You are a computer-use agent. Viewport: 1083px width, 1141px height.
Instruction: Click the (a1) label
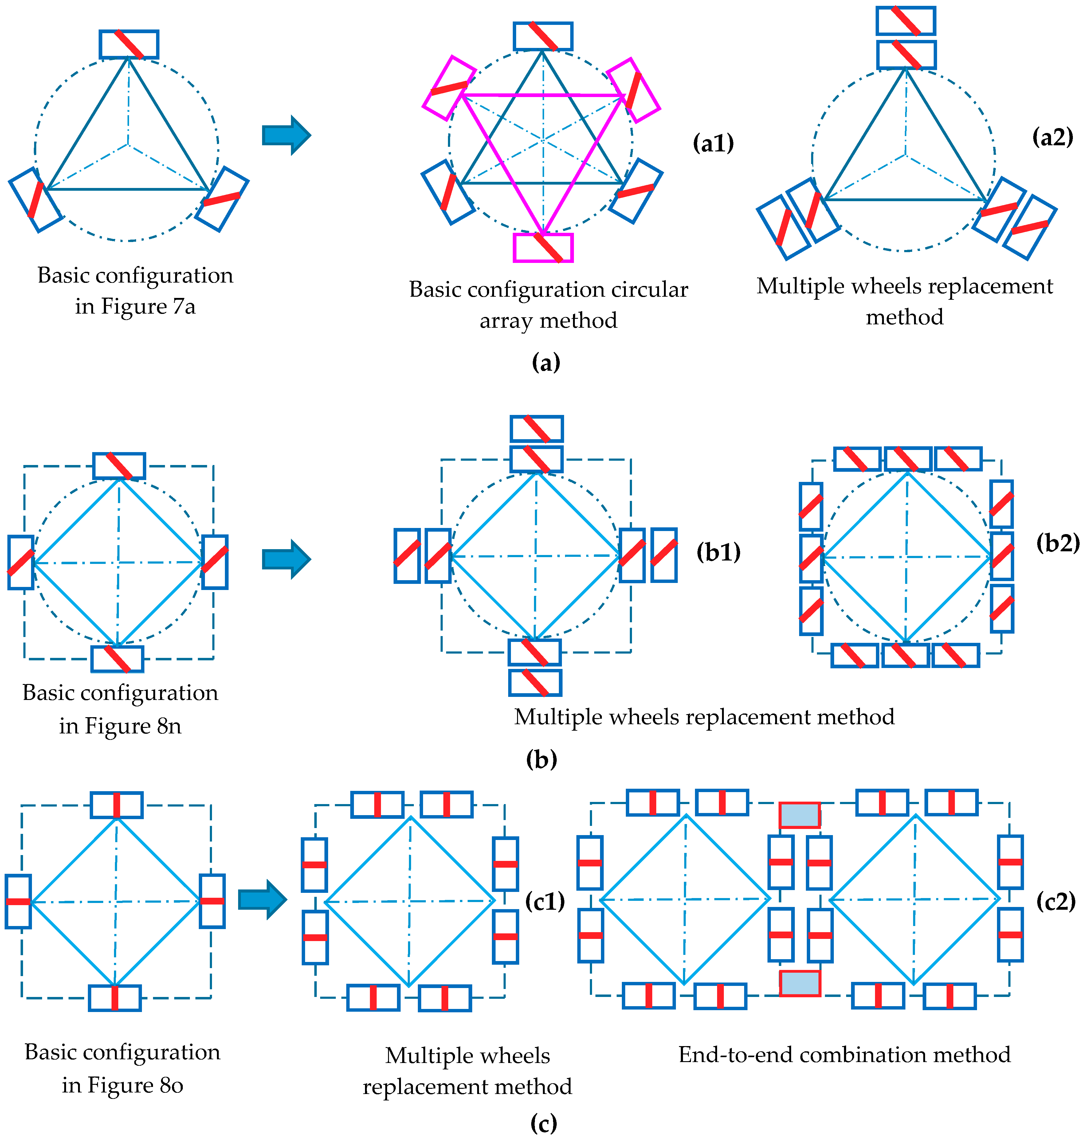[713, 143]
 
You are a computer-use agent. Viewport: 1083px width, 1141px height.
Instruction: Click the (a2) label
[1052, 137]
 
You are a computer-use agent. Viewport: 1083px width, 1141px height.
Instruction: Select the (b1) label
[718, 552]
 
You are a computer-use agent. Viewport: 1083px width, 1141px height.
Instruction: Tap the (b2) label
[1057, 543]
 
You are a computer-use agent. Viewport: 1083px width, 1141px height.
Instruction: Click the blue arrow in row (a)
[286, 136]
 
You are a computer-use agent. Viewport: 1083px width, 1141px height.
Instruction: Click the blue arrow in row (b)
[286, 559]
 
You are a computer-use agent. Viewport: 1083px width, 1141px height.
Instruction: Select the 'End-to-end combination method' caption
[844, 1054]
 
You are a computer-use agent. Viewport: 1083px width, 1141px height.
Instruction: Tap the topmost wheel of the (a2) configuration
[905, 21]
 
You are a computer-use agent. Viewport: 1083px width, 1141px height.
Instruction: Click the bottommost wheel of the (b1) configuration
[535, 683]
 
